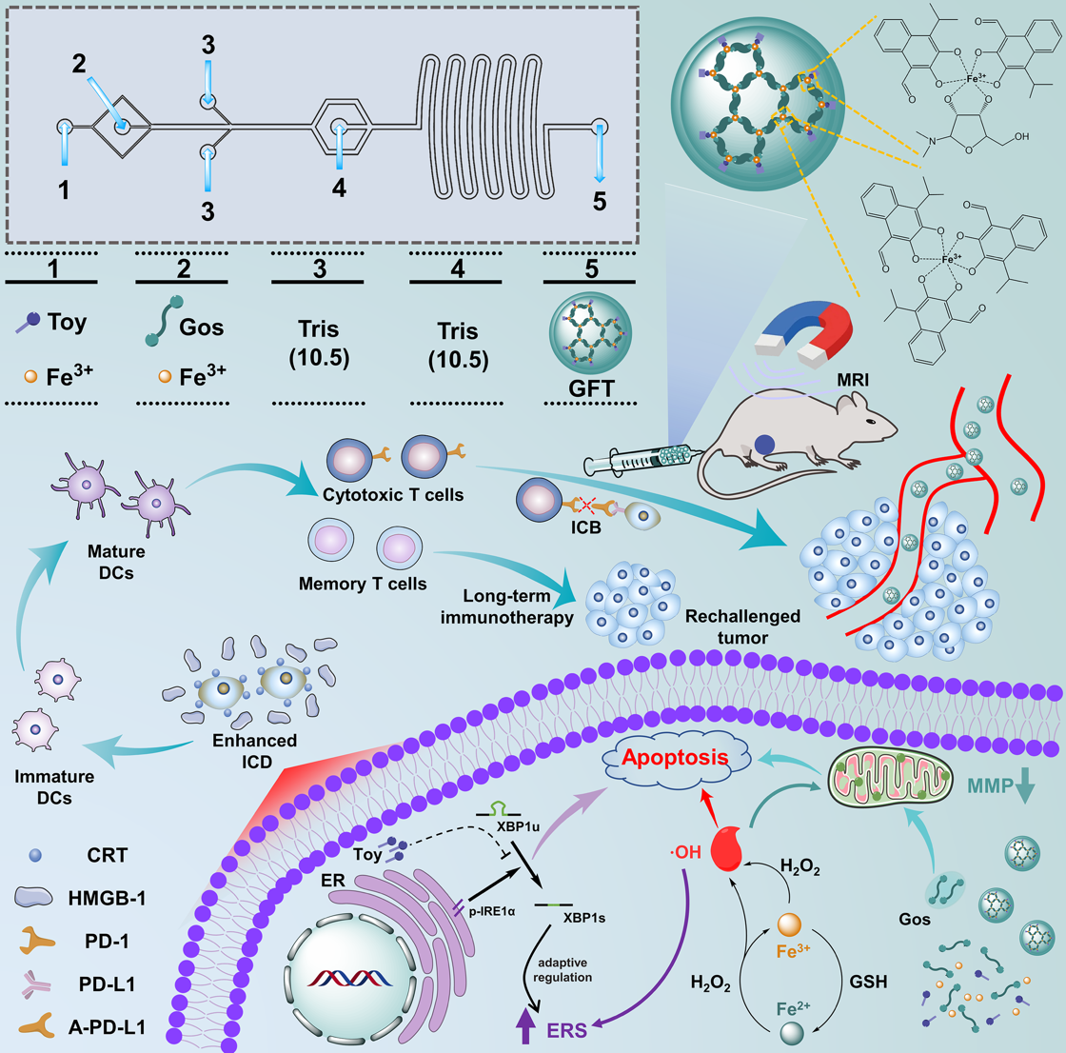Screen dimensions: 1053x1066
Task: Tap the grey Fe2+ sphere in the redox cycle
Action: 791,1032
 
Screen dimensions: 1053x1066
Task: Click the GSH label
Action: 866,982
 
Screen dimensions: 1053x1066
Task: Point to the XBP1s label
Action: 582,918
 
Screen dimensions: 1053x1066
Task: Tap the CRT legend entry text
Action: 105,856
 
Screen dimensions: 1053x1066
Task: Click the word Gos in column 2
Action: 201,328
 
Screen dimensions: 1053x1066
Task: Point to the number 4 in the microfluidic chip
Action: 339,188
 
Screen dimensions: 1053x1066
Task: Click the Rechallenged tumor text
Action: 742,625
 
